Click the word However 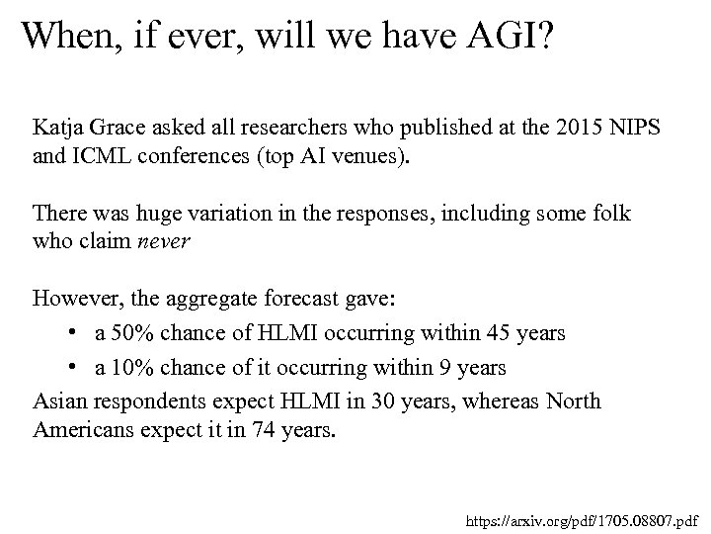[72, 297]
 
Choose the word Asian [58, 400]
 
